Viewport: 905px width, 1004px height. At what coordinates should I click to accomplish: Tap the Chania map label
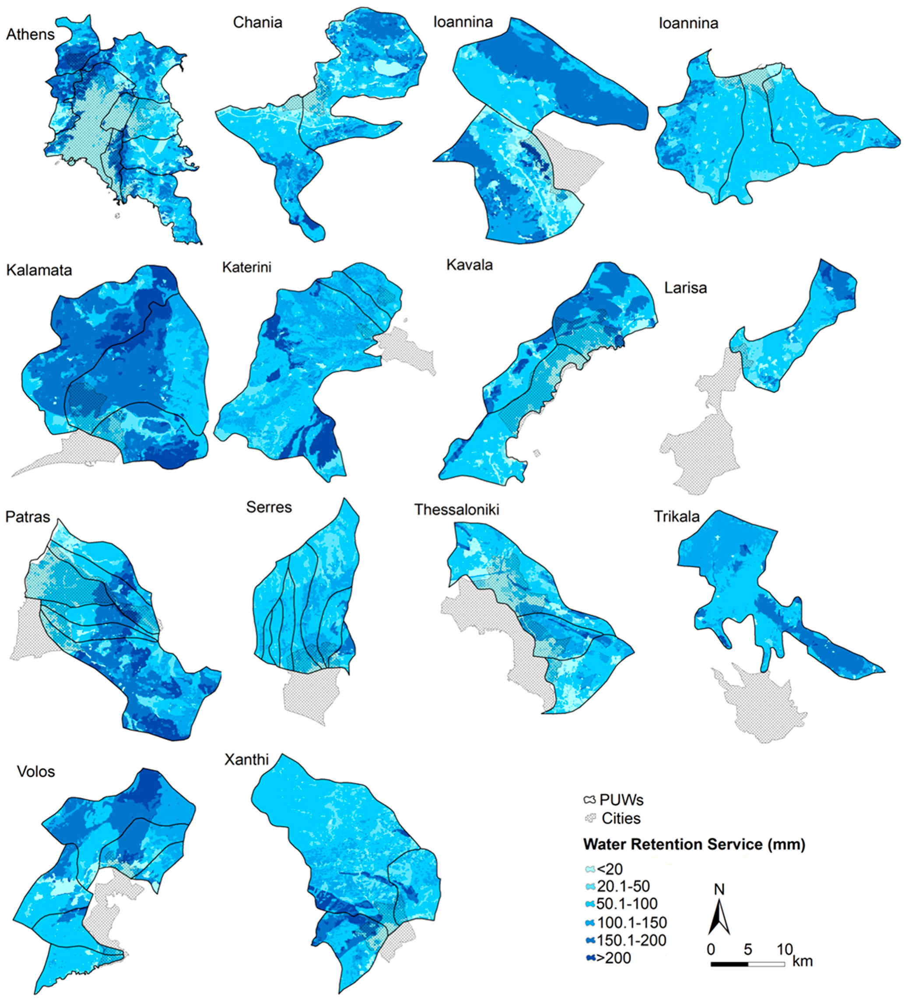pos(258,22)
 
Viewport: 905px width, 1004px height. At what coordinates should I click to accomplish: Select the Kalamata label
pos(39,270)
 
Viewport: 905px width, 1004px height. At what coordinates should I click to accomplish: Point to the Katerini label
pos(247,267)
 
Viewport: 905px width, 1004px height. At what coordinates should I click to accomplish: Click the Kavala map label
pos(470,264)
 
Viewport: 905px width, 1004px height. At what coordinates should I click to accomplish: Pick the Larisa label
pos(685,288)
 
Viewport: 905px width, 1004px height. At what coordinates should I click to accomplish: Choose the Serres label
pos(269,507)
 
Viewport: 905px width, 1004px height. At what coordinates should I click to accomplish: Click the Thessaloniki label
pos(457,510)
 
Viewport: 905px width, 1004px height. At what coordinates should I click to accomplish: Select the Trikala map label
pos(676,516)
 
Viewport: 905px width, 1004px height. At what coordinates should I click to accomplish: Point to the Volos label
pos(36,771)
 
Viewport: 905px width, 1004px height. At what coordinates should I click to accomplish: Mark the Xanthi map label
pos(247,759)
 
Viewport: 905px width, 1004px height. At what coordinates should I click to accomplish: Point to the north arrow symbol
pos(719,914)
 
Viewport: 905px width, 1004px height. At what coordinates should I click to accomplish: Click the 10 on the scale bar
pos(785,949)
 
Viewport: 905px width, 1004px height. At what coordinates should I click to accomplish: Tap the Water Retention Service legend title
pos(694,844)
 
